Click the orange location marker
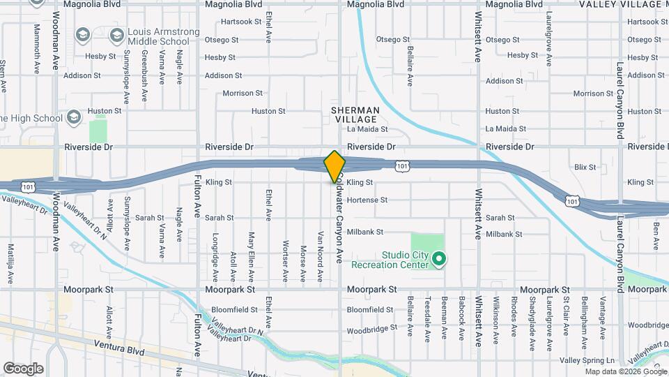(334, 166)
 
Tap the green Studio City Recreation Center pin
(438, 260)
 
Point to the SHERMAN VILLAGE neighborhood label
(355, 115)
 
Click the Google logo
(23, 368)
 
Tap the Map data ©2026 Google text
(625, 371)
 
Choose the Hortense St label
(367, 200)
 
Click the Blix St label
(585, 167)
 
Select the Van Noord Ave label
(321, 249)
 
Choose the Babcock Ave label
(461, 318)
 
